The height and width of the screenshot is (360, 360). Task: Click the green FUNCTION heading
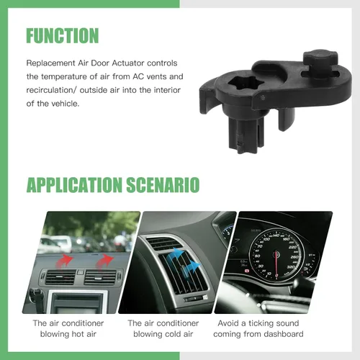(63, 35)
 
